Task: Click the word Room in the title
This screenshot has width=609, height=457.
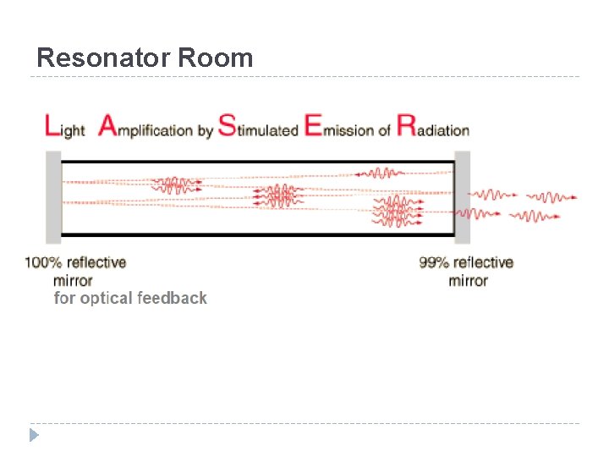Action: (215, 58)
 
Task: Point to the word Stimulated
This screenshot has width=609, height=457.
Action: (258, 129)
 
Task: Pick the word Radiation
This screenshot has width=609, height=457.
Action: (433, 129)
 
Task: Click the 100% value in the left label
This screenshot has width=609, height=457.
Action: (43, 262)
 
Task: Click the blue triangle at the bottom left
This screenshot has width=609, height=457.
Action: (34, 436)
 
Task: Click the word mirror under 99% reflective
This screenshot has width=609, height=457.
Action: (468, 280)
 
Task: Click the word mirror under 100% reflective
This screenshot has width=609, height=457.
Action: (73, 280)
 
